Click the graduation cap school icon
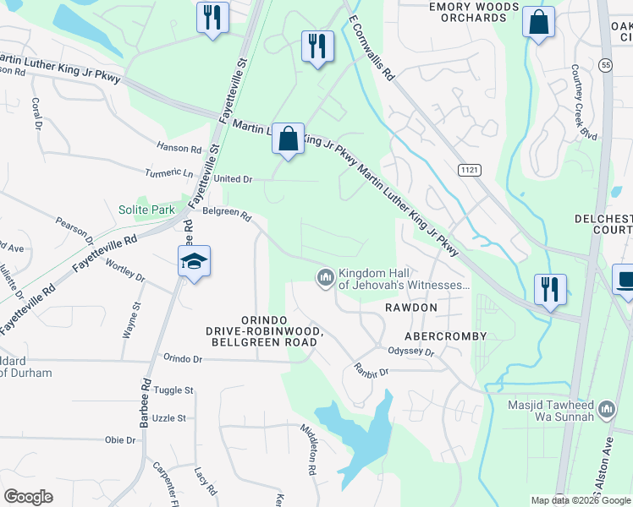(x=194, y=261)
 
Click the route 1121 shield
(x=470, y=170)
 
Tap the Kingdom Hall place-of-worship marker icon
(x=325, y=277)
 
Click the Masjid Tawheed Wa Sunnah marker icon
(x=605, y=411)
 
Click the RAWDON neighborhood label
(x=411, y=308)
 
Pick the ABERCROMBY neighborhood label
(x=446, y=335)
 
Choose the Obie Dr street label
(x=119, y=440)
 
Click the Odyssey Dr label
(x=410, y=352)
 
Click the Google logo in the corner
(x=29, y=497)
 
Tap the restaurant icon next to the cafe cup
(x=551, y=290)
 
